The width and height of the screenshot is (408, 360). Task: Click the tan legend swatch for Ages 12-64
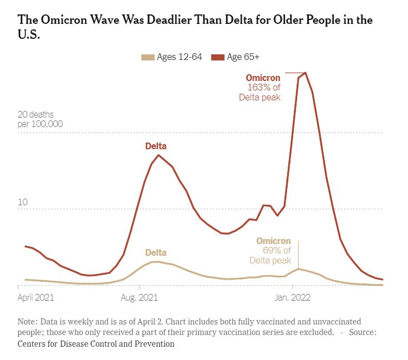[x=148, y=57]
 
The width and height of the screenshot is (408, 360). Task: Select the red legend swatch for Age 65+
[x=218, y=57]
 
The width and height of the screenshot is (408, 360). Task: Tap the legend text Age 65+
[x=242, y=57]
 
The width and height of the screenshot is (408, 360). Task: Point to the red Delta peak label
[x=156, y=146]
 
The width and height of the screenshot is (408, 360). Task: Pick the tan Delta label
[x=156, y=253]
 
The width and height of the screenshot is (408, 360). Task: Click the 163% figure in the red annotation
[x=256, y=88]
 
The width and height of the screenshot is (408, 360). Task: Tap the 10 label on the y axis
[x=23, y=203]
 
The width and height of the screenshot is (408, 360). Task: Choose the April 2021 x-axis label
[x=36, y=298]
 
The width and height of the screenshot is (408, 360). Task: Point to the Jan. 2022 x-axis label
[x=293, y=298]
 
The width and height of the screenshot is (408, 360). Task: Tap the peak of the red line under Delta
[x=159, y=155]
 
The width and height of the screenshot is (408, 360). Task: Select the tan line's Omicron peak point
[x=299, y=268]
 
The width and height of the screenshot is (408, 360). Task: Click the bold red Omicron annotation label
[x=263, y=78]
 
